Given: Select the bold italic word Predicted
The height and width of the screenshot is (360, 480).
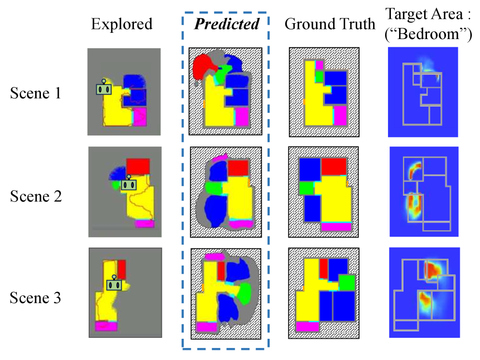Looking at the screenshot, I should pyautogui.click(x=226, y=24).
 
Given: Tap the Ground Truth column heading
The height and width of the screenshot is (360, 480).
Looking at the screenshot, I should pyautogui.click(x=330, y=24).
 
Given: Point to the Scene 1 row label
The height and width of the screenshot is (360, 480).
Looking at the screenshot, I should pyautogui.click(x=36, y=93).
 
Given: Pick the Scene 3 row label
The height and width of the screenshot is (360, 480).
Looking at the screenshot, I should pyautogui.click(x=36, y=298).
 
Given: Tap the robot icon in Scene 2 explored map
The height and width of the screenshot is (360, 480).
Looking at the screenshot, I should pyautogui.click(x=128, y=183).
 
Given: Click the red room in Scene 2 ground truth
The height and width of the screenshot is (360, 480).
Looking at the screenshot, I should pyautogui.click(x=334, y=166).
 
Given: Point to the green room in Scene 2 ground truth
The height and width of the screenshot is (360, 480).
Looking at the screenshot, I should pyautogui.click(x=305, y=188).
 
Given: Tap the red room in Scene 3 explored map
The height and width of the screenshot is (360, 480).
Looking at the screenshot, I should pyautogui.click(x=121, y=269).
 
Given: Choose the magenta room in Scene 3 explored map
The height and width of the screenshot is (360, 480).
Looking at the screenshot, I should pyautogui.click(x=106, y=326).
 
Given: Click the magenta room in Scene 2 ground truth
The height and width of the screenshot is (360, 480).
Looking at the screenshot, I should pyautogui.click(x=336, y=227).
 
